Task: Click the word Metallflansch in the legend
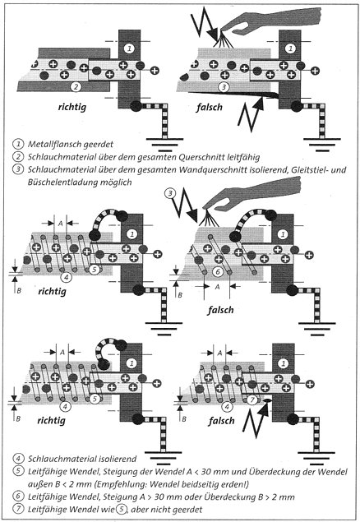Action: tap(51, 144)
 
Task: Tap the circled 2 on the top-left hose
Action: tap(76, 86)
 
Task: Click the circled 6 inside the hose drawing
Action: tap(218, 271)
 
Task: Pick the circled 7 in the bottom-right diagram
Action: tap(252, 400)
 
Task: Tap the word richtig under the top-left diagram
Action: tap(72, 107)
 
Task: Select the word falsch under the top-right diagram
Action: tap(209, 107)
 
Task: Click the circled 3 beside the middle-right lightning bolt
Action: tap(170, 193)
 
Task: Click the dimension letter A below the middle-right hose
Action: tap(218, 286)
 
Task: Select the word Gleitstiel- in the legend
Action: tap(310, 170)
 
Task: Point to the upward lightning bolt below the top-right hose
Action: tap(252, 113)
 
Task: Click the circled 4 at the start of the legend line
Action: tap(18, 459)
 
